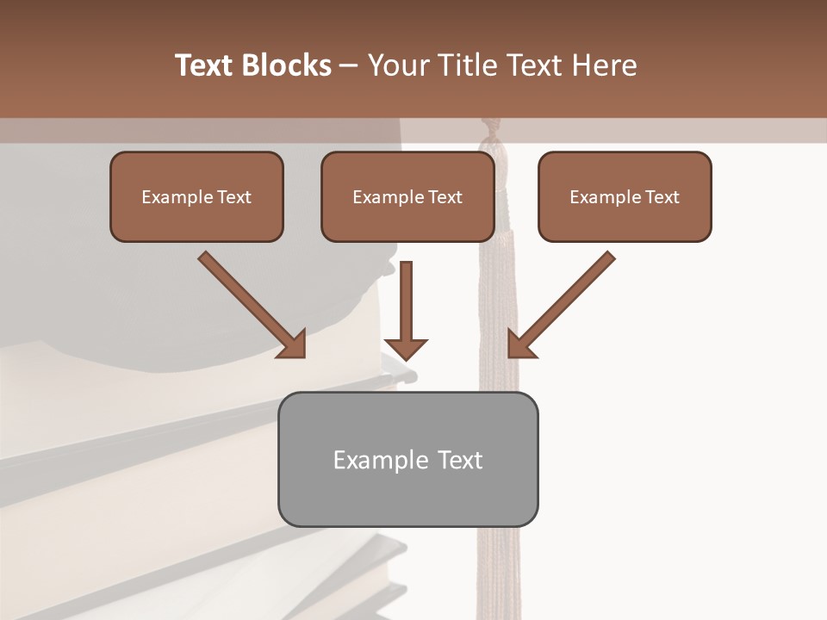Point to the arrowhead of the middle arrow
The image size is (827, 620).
click(406, 348)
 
